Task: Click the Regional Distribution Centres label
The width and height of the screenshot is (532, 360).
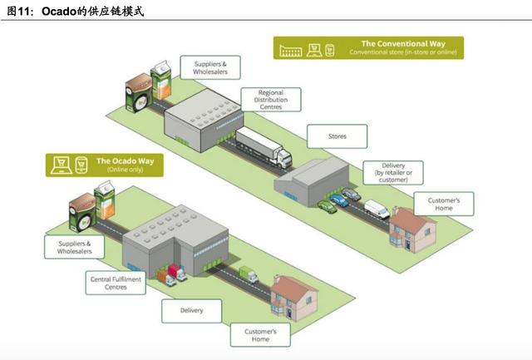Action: pyautogui.click(x=271, y=99)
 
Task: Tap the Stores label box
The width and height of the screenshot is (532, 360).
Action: pyautogui.click(x=337, y=136)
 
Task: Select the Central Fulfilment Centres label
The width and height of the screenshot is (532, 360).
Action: pyautogui.click(x=116, y=284)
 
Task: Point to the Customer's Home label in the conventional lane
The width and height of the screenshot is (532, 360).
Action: pyautogui.click(x=444, y=204)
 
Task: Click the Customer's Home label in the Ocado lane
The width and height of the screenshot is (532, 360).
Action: pyautogui.click(x=260, y=335)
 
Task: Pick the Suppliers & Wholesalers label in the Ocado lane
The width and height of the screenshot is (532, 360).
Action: pyautogui.click(x=74, y=247)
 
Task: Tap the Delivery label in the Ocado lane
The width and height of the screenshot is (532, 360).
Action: pyautogui.click(x=192, y=312)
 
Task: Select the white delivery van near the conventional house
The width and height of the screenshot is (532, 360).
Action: pyautogui.click(x=376, y=209)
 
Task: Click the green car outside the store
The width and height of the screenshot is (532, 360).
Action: pyautogui.click(x=327, y=206)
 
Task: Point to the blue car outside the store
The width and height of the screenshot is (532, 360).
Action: pyautogui.click(x=339, y=200)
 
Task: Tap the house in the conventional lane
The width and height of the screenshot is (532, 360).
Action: pyautogui.click(x=412, y=223)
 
